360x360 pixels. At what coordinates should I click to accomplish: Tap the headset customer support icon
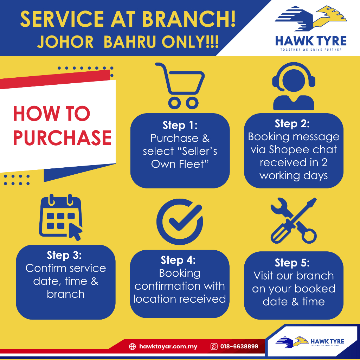pos(294,86)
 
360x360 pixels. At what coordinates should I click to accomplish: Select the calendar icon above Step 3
pos(61,217)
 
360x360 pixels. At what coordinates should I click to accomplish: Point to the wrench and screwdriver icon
pos(294,220)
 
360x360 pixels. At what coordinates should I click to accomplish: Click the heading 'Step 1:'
pos(180,125)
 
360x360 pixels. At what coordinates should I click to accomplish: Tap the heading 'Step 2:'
pos(292,123)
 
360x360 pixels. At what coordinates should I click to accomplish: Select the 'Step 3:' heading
pos(64,255)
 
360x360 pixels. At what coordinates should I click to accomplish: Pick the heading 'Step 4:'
pos(178,260)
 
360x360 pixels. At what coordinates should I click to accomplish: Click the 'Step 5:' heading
pos(292,263)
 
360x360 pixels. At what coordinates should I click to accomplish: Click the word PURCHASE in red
pos(62,138)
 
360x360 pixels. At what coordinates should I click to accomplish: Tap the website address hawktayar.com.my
pos(168,346)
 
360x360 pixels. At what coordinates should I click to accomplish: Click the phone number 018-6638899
pos(239,346)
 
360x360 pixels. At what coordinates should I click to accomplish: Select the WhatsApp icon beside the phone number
pos(214,346)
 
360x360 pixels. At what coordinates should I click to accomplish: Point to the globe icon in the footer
pos(132,346)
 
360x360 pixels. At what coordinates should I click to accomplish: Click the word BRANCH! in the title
pos(189,19)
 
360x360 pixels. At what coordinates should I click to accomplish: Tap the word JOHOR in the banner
pos(65,42)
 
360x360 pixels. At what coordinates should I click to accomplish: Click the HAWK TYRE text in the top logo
pos(311,41)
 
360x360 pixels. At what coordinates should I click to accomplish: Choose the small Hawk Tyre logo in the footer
pos(310,342)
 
